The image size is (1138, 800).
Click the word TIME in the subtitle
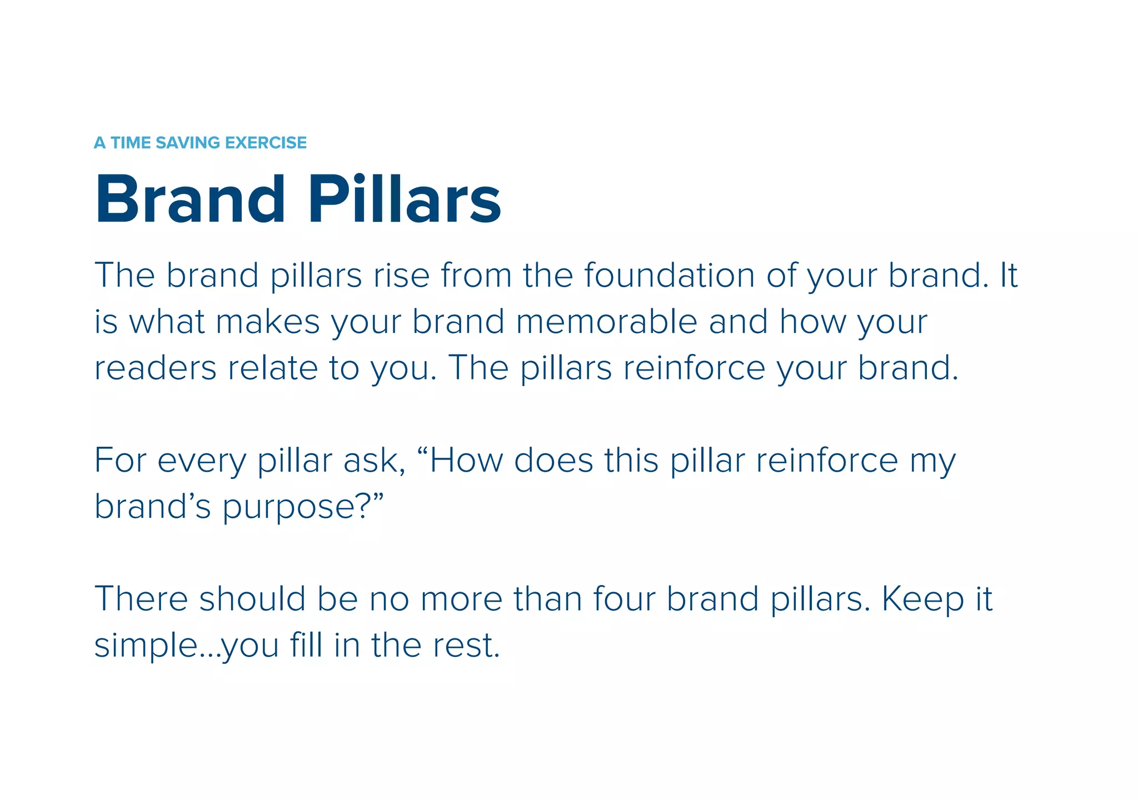click(x=131, y=143)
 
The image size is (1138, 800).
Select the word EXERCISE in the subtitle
click(x=266, y=143)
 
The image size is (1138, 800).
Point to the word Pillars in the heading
click(x=405, y=199)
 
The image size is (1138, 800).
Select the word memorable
click(x=606, y=322)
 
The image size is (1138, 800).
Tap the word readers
click(x=155, y=368)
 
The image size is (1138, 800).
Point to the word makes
click(x=268, y=322)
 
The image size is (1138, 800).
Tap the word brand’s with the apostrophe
click(x=153, y=507)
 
